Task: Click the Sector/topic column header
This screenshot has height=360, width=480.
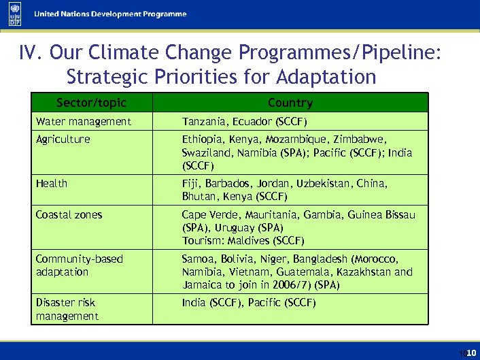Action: [92, 103]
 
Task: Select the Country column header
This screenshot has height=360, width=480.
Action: [290, 103]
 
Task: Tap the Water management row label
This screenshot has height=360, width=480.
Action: [83, 122]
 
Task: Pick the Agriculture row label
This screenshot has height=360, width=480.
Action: [63, 140]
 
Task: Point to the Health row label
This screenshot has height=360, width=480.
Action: [52, 184]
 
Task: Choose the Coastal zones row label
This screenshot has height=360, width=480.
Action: [69, 215]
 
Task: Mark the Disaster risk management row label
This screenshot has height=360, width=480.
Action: [67, 309]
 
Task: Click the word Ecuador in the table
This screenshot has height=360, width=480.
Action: [252, 122]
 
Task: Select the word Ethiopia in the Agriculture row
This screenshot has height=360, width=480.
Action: [201, 140]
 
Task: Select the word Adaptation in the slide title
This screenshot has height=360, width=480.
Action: [327, 77]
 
